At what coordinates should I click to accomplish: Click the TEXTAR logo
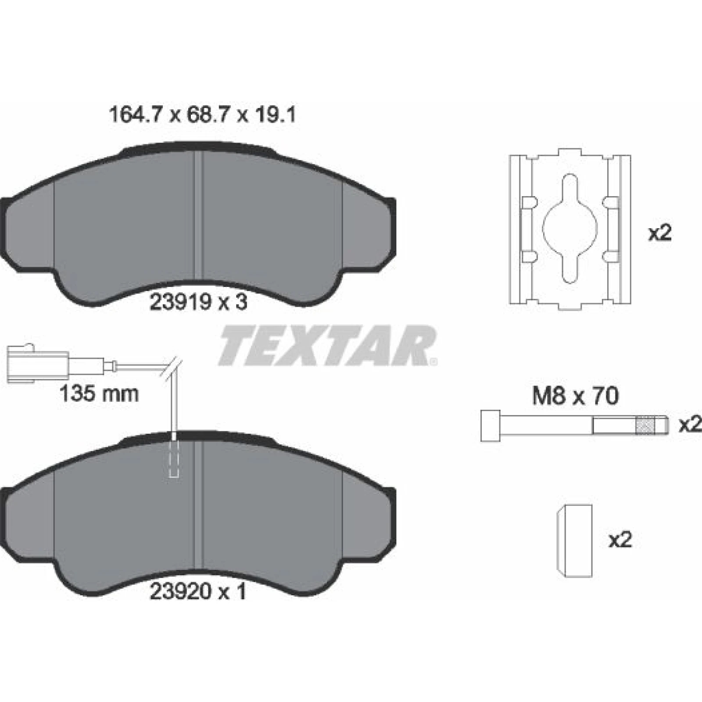(327, 346)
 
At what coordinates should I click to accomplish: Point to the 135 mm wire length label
(99, 394)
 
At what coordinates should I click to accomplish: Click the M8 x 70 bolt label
(575, 396)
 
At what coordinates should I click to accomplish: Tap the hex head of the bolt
(491, 426)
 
